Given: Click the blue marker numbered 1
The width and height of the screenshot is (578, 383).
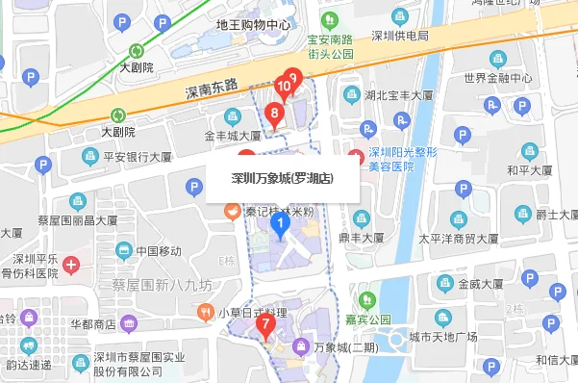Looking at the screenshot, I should click(280, 226).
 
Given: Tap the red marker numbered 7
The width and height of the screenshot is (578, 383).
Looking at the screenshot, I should click(264, 324).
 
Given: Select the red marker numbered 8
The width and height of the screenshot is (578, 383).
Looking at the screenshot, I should click(275, 115).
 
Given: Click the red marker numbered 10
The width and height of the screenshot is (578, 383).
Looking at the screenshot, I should click(284, 87).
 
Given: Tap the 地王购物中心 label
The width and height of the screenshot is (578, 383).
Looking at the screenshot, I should click(254, 25).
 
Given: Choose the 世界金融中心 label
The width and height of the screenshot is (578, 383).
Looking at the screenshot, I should click(497, 78).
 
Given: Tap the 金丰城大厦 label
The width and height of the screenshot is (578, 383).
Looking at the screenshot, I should click(233, 137).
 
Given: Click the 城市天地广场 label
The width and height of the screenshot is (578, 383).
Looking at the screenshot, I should click(443, 336).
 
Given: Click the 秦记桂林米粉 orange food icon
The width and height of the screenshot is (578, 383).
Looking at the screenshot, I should click(231, 212).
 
